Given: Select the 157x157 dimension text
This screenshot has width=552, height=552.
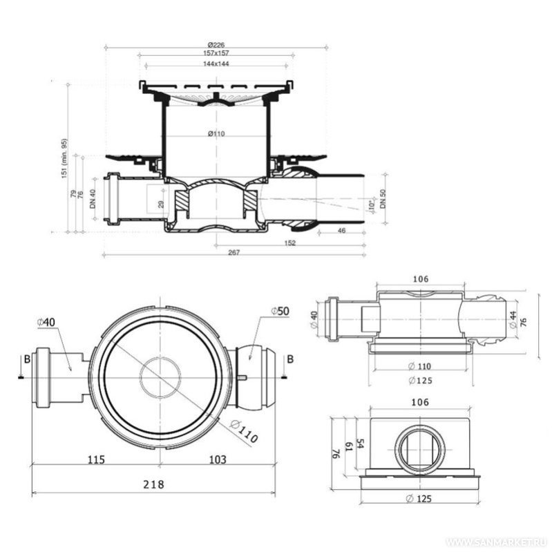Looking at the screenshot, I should (216, 53).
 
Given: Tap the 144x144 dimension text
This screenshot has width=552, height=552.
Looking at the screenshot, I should (216, 63).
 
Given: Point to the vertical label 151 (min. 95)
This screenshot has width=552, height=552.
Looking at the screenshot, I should (65, 158).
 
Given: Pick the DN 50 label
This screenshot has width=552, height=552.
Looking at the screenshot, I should (384, 200).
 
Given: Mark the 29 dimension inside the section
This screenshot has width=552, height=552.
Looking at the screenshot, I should (160, 203).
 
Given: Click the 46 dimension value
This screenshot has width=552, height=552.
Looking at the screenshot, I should (341, 230).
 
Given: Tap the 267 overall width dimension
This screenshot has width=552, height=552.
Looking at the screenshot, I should (234, 252).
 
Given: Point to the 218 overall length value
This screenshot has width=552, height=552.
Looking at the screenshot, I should (153, 484).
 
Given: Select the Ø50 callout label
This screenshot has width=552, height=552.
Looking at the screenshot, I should (279, 312).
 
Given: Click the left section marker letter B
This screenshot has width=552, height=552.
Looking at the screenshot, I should (26, 359).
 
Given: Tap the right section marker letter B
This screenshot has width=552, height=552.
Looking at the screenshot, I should (290, 359).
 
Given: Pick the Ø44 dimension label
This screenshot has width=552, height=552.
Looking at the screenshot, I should (513, 319).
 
